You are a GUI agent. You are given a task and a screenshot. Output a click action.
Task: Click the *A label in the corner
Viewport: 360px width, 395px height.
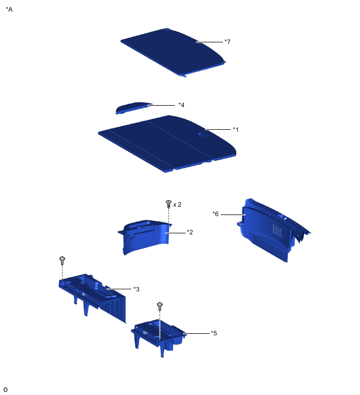click(9, 9)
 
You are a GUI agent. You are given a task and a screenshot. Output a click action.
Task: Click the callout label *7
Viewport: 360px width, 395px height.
click(227, 41)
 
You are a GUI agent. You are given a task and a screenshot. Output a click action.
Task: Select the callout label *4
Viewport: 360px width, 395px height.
click(182, 105)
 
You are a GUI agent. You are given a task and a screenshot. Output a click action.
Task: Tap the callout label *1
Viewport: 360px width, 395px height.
click(235, 129)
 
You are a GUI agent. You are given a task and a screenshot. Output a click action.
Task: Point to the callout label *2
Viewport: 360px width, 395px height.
click(190, 232)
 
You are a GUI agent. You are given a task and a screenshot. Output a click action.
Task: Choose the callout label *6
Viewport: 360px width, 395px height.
click(216, 214)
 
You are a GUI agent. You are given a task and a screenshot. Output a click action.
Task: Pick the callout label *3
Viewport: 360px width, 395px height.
click(136, 289)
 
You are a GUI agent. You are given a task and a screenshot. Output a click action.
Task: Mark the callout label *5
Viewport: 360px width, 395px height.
click(214, 333)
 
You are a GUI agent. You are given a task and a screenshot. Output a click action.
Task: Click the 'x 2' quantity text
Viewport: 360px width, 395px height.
click(177, 205)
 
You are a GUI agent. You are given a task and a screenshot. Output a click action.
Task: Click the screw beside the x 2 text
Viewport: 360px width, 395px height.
click(168, 204)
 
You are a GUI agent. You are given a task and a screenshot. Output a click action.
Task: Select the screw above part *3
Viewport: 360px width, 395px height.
click(62, 261)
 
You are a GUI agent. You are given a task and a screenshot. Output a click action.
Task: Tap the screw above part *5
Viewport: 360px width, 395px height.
click(160, 307)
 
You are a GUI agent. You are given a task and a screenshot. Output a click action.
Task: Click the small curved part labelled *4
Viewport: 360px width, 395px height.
click(133, 108)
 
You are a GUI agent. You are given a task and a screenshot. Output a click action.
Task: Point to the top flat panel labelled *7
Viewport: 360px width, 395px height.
click(173, 52)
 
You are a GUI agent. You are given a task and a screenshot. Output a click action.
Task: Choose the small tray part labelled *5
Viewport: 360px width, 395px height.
click(159, 335)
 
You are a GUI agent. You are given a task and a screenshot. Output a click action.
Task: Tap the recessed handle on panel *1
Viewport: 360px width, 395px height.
click(204, 134)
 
